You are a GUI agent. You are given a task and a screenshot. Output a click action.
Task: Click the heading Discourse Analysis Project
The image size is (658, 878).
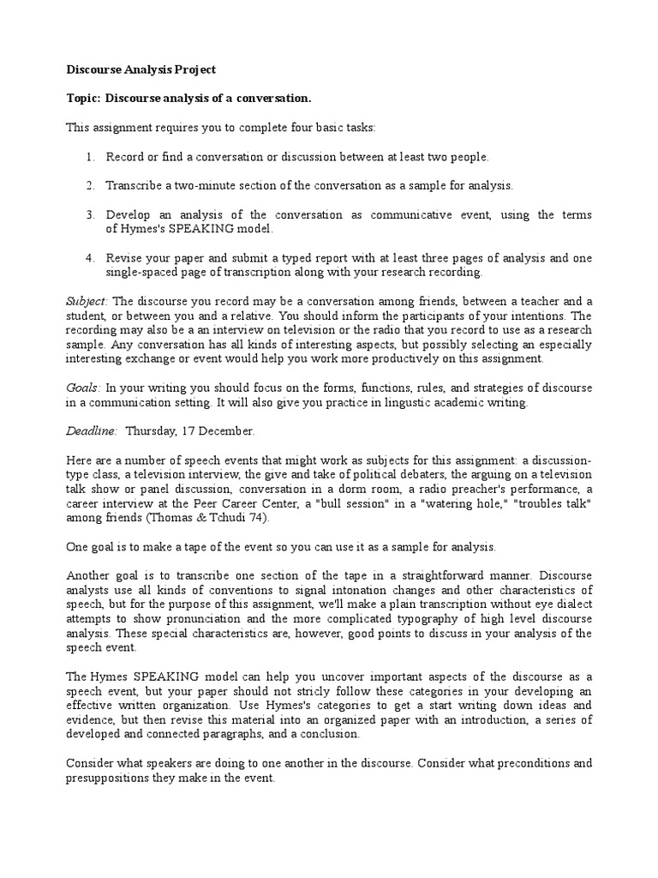pos(141,69)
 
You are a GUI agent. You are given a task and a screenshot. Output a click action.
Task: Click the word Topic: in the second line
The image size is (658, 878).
pos(84,99)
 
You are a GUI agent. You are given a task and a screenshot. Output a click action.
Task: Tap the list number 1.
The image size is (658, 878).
pos(90,157)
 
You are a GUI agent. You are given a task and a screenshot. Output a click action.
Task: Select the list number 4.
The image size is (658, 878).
pos(90,259)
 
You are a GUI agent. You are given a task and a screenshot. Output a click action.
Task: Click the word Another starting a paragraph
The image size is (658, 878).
pos(89,574)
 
